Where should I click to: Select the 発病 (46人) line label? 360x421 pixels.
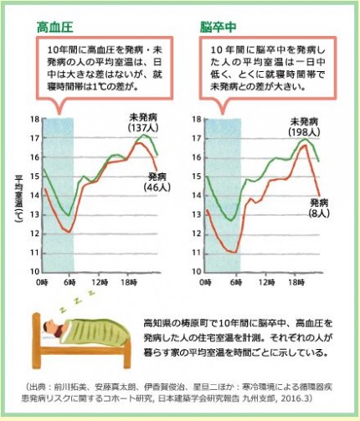(x=158, y=182)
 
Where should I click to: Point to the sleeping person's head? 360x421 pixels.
(x=53, y=332)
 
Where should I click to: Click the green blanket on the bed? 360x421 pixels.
(x=96, y=332)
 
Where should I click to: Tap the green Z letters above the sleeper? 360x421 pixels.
(x=70, y=301)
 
